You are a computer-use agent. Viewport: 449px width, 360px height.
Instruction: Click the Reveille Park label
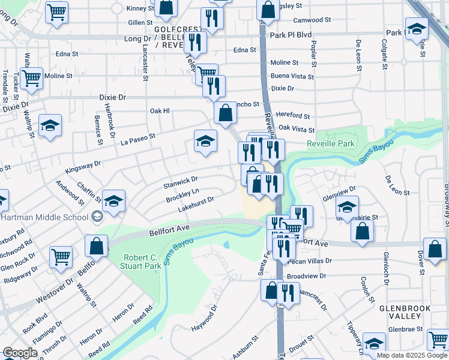[x=331, y=143]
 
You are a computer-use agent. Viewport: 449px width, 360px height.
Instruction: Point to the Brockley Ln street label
[x=182, y=195]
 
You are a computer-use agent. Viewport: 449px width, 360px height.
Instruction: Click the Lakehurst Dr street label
[x=196, y=204]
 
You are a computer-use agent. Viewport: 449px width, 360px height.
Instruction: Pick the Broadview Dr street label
[x=306, y=276]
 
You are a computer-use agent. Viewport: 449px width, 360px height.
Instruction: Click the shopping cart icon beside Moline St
[x=31, y=77]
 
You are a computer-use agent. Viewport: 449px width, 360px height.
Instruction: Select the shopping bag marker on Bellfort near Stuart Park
[x=96, y=245]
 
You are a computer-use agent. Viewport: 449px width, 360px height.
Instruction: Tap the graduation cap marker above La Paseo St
[x=205, y=141]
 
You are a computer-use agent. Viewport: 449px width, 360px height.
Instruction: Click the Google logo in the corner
[x=20, y=353]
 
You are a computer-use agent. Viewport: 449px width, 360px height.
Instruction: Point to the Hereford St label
[x=294, y=116]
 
